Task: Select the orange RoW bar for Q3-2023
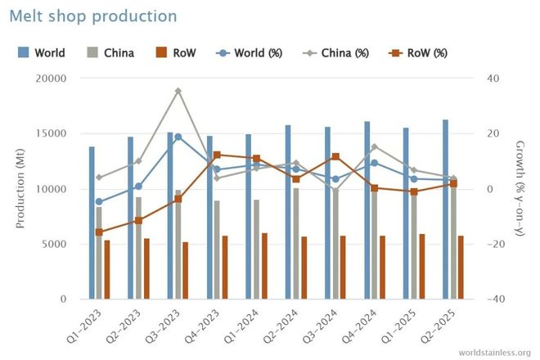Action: [x=186, y=270]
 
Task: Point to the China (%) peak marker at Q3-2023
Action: [x=178, y=91]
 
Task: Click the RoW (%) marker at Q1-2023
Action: [x=99, y=232]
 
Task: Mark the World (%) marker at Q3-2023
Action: [x=178, y=137]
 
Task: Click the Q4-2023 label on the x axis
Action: [x=202, y=327]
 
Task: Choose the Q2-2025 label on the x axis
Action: [x=438, y=327]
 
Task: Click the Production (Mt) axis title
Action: [x=20, y=189]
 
